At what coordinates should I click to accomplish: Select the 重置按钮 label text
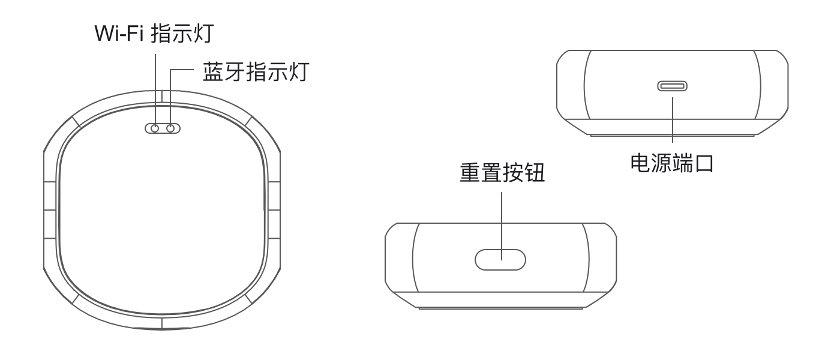pyautogui.click(x=502, y=174)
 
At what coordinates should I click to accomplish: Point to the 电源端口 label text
pyautogui.click(x=672, y=163)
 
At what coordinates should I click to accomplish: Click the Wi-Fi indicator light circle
pyautogui.click(x=155, y=128)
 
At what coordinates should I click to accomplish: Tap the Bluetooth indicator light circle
pyautogui.click(x=171, y=128)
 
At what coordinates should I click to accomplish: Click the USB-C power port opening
pyautogui.click(x=672, y=86)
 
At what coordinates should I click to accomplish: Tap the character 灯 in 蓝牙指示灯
pyautogui.click(x=299, y=73)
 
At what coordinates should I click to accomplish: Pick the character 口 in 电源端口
pyautogui.click(x=704, y=163)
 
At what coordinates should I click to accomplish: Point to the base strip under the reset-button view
pyautogui.click(x=501, y=307)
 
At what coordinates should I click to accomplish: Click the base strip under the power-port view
pyautogui.click(x=672, y=134)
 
